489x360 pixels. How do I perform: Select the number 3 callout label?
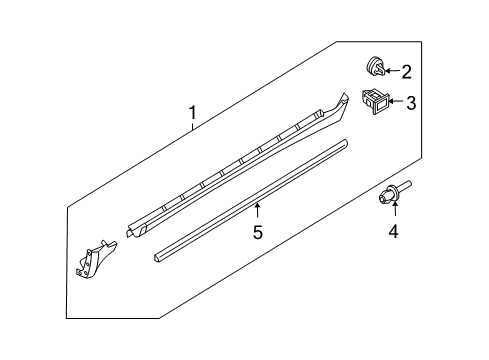click(410, 101)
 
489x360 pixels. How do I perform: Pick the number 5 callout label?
click(256, 233)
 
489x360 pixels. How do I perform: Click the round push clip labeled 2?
click(374, 68)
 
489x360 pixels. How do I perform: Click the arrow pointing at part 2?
click(393, 71)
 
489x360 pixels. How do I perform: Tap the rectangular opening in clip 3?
click(378, 99)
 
